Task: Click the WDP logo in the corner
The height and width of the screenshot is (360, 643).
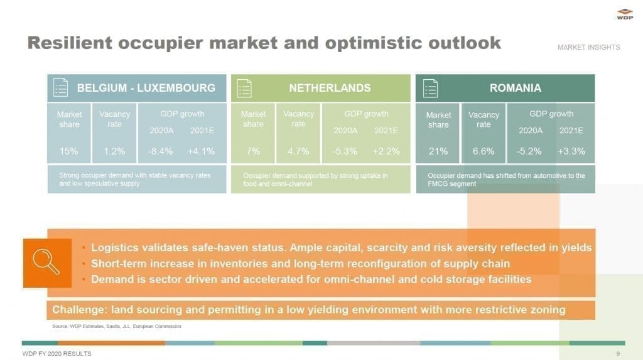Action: click(625, 14)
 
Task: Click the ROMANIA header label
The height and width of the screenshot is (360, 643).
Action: click(516, 88)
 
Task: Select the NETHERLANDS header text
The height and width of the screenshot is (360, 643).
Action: click(330, 88)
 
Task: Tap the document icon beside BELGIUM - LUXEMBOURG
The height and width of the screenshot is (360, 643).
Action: click(61, 87)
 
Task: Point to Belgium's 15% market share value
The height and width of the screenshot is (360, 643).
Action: click(68, 151)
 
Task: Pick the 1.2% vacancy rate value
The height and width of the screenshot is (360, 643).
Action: click(114, 151)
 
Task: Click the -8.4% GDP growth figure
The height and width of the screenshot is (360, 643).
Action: click(160, 151)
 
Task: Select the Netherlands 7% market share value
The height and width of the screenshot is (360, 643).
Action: click(253, 151)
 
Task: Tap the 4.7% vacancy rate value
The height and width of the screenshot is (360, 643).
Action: click(298, 151)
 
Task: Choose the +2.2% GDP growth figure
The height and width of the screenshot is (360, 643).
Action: click(386, 151)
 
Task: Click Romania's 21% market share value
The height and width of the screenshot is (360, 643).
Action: click(438, 151)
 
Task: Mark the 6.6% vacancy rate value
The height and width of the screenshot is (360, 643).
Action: click(484, 151)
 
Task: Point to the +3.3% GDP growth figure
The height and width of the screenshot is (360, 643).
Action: click(571, 151)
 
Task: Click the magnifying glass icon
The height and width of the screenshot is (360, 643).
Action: click(46, 261)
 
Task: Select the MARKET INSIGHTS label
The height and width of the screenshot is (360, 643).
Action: click(588, 47)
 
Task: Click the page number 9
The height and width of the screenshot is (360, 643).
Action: click(618, 354)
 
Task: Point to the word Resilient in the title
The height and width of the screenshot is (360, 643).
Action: click(70, 43)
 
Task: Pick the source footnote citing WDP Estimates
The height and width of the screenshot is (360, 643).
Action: click(116, 326)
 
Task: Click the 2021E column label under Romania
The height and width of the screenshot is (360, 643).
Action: click(571, 131)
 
